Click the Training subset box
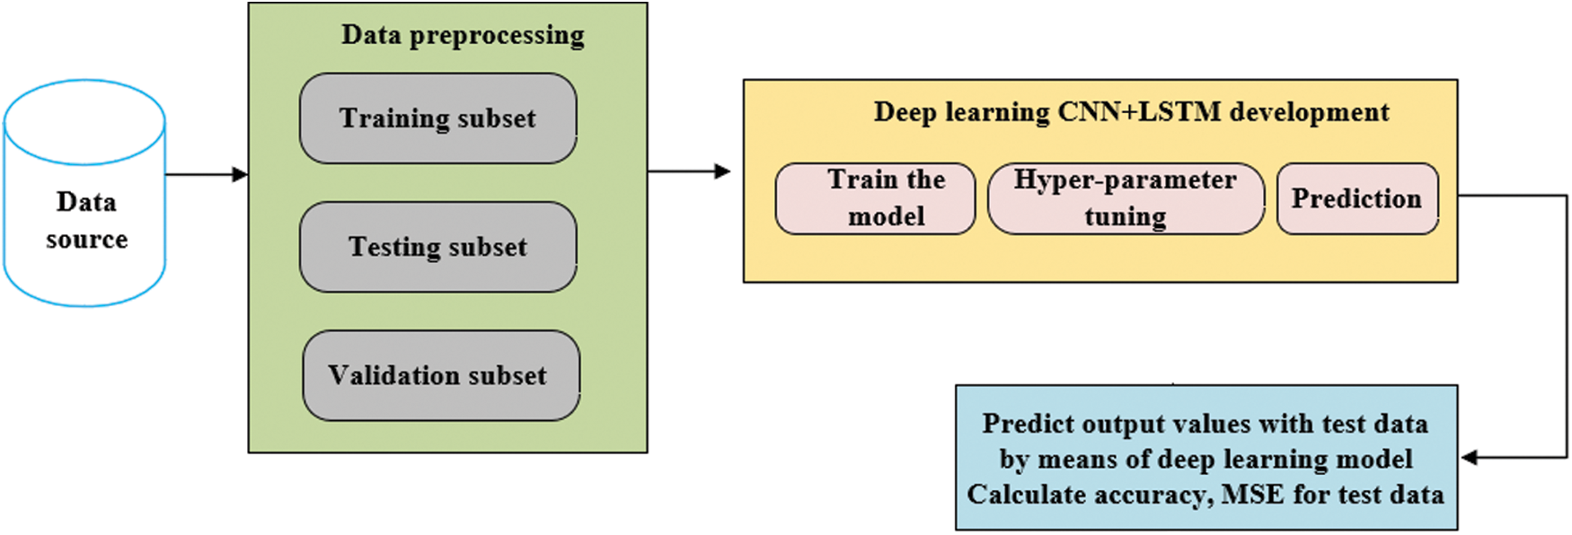pos(437,118)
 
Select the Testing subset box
pos(437,247)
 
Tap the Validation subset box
pos(440,375)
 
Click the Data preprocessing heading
pos(463,35)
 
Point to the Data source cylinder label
pos(86,220)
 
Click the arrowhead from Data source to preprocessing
pos(240,174)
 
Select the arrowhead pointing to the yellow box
pos(722,171)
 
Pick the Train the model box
pos(875,198)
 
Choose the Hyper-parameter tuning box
pos(1126,198)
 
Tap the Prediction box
pos(1356,198)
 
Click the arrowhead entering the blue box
pos(1470,458)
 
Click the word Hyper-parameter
pos(1125,180)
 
